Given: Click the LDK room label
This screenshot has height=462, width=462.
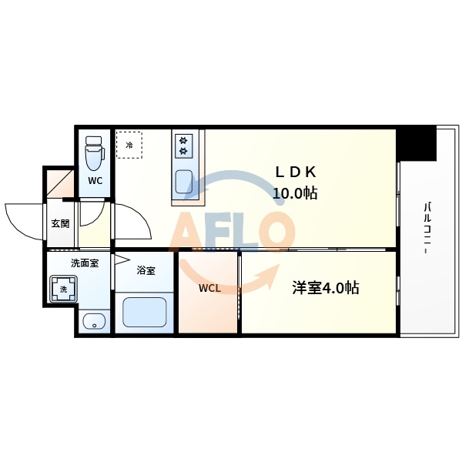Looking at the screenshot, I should (x=296, y=172).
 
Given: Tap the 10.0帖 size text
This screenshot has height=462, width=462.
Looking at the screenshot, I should (x=295, y=193).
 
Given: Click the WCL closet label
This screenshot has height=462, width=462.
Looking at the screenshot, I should (x=209, y=289).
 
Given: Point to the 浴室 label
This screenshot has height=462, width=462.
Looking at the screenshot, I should (x=146, y=271).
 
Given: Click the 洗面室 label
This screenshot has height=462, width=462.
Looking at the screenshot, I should (x=85, y=263).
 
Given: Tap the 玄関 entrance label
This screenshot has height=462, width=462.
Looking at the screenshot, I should (x=60, y=224).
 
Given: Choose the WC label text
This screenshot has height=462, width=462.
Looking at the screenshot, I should (x=95, y=182).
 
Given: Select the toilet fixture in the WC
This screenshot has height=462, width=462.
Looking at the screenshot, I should (x=95, y=153).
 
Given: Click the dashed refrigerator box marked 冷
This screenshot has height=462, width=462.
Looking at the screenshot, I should (x=130, y=144).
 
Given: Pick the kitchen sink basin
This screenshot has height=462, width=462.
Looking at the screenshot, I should (x=185, y=182).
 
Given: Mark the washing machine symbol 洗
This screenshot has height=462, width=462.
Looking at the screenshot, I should (x=64, y=290).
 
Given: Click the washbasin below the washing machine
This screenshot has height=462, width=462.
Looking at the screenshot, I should (x=95, y=322).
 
